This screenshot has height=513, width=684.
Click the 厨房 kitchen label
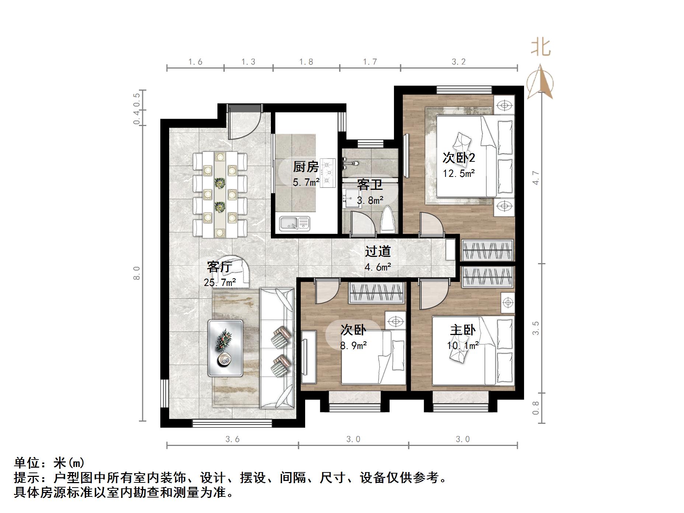click(306, 167)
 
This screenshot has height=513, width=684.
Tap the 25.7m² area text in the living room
click(220, 283)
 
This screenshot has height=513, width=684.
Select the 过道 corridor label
click(378, 251)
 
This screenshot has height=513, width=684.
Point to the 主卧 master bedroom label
click(463, 330)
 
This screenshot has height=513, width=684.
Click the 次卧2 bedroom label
click(458, 158)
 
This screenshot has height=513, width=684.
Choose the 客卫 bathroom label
click(370, 185)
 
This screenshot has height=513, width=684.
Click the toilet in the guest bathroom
click(388, 220)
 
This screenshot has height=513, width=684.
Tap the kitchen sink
click(294, 223)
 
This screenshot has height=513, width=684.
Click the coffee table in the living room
click(225, 348)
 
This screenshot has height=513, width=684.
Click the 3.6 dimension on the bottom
click(233, 439)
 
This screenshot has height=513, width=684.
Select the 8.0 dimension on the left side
click(137, 273)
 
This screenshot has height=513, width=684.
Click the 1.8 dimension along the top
click(306, 62)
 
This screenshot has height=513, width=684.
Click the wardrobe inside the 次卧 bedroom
click(377, 293)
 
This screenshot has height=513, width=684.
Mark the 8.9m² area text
click(353, 346)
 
